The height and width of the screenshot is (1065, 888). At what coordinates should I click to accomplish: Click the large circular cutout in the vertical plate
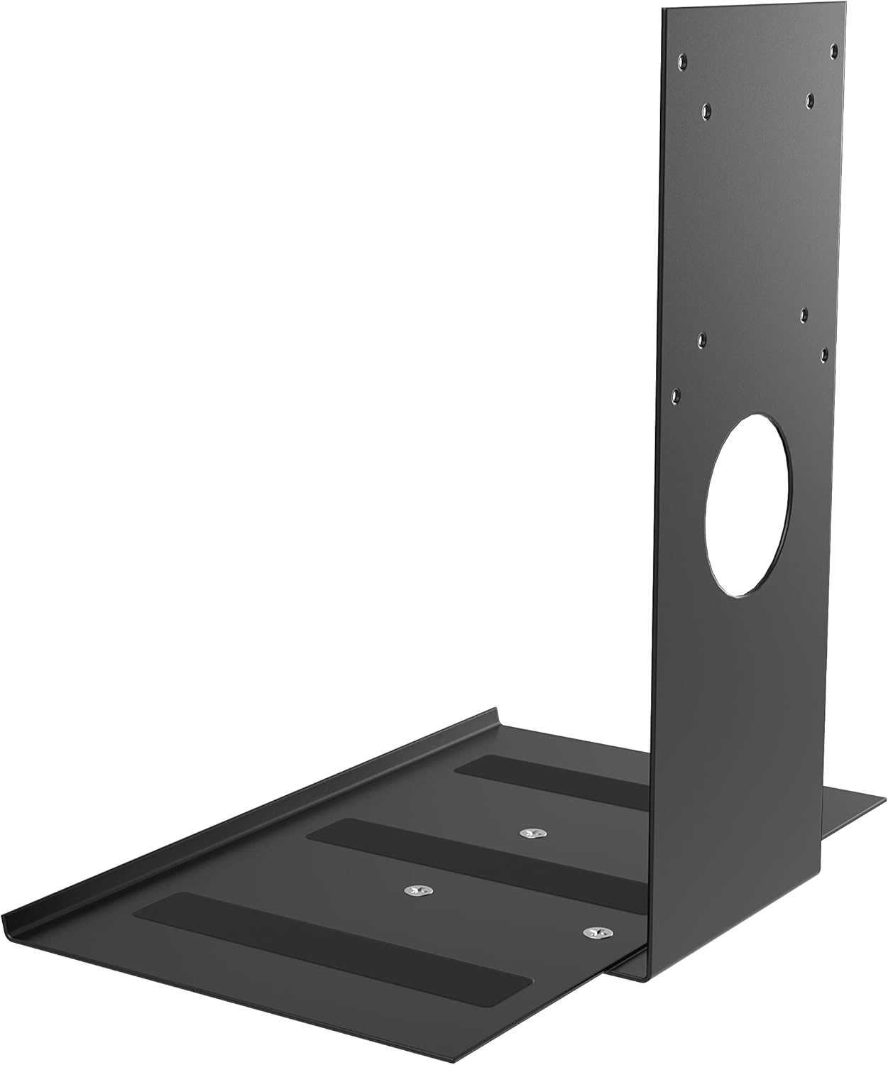pyautogui.click(x=747, y=504)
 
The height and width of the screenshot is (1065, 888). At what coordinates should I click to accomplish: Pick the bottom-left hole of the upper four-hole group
pyautogui.click(x=706, y=109)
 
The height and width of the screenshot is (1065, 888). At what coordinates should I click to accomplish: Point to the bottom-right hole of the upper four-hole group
pyautogui.click(x=809, y=99)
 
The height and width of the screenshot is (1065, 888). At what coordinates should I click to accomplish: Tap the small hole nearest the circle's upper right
pyautogui.click(x=823, y=351)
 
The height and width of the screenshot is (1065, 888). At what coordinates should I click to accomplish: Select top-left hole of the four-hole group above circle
pyautogui.click(x=700, y=339)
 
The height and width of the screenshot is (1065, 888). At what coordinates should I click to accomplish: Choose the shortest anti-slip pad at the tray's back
pyautogui.click(x=554, y=780)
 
